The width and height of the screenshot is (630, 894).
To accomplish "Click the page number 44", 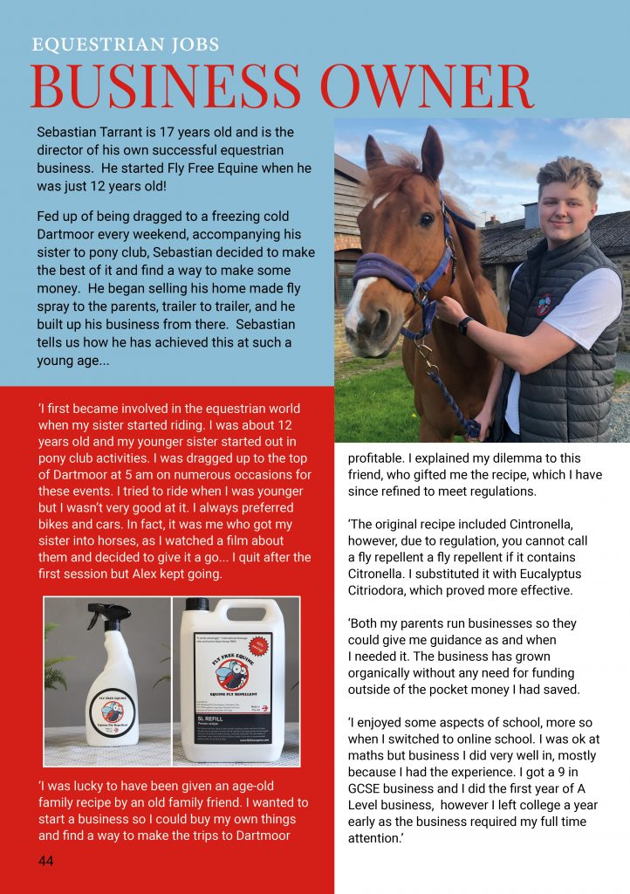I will pyautogui.click(x=46, y=861).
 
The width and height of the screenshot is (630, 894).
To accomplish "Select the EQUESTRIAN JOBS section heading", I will pyautogui.click(x=126, y=45).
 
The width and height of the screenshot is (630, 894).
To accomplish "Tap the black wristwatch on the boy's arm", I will pyautogui.click(x=466, y=326).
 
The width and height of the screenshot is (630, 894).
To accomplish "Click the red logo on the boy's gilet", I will pyautogui.click(x=544, y=303).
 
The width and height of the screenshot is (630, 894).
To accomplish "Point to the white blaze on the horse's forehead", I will pyautogui.click(x=382, y=201).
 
